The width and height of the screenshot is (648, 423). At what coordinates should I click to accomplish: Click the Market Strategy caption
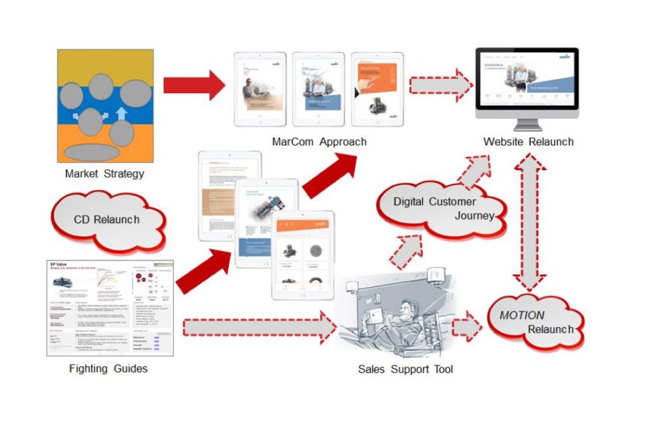(104, 173)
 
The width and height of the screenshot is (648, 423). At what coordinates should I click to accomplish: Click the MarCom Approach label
(319, 142)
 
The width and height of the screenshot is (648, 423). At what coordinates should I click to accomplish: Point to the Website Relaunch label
(528, 142)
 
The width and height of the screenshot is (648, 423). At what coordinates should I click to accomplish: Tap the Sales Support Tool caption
(406, 369)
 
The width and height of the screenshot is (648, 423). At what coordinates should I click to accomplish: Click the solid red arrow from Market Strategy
(194, 85)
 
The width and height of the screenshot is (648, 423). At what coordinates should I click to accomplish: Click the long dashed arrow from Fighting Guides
(259, 328)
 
